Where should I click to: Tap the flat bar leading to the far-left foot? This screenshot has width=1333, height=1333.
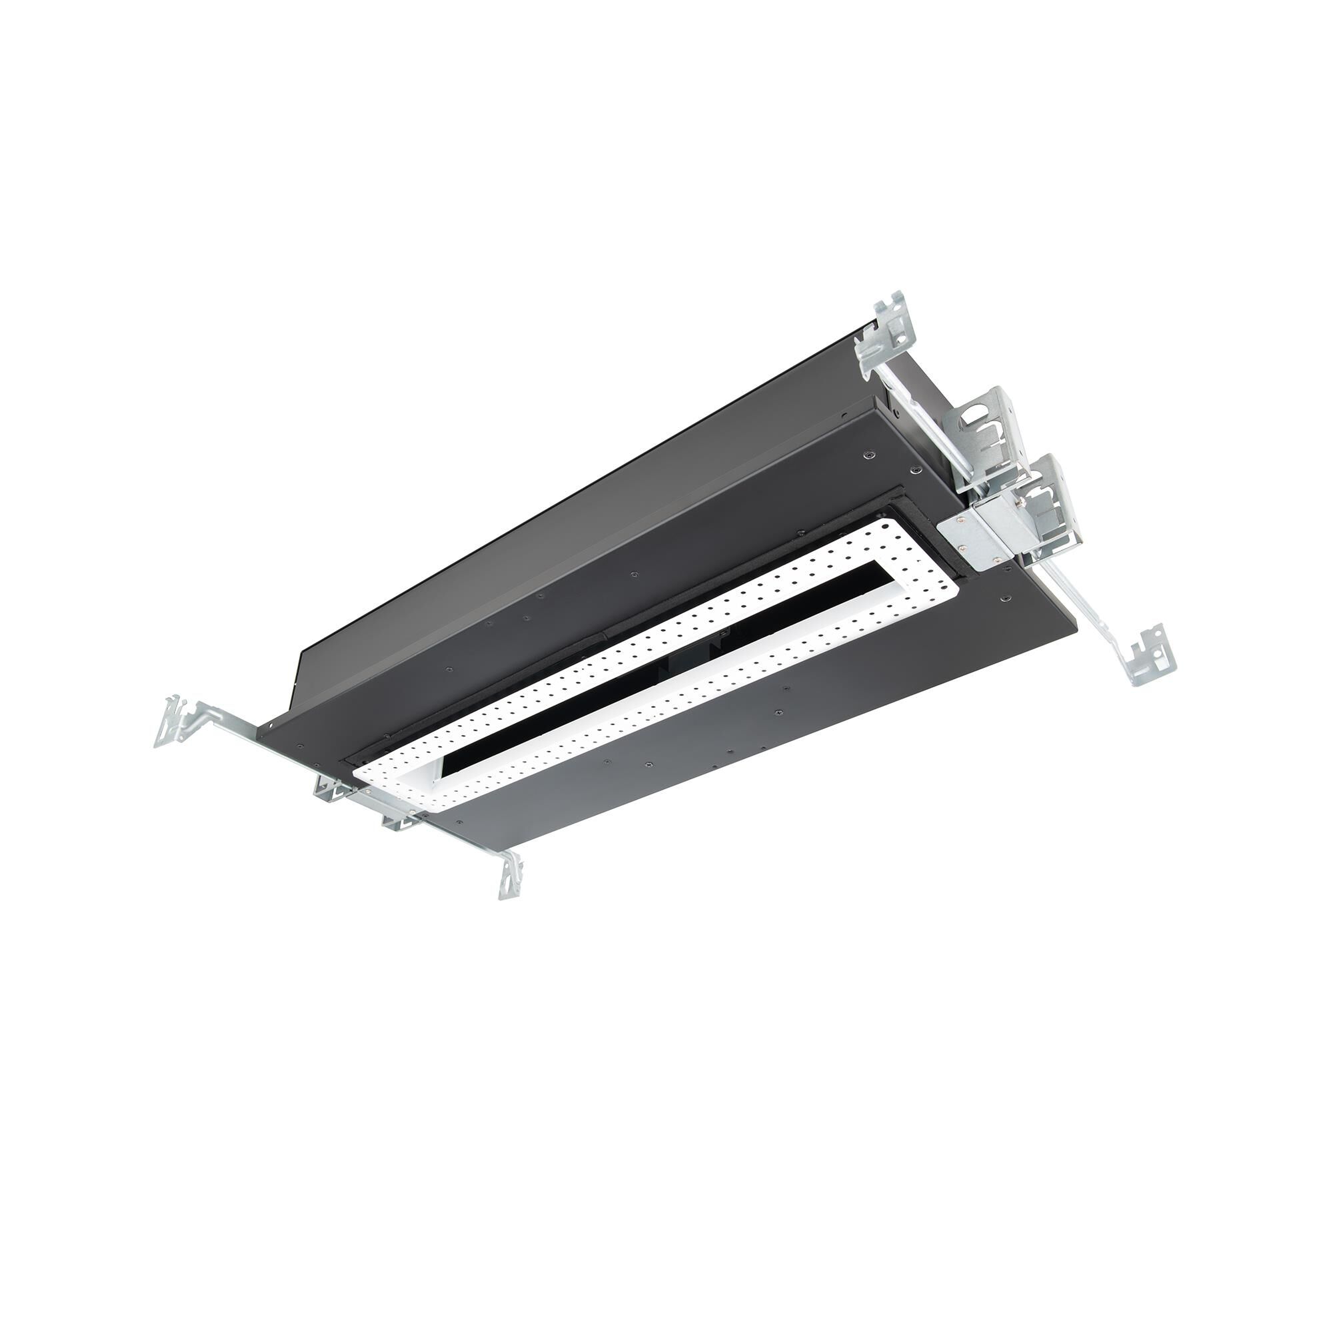[x=228, y=722]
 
